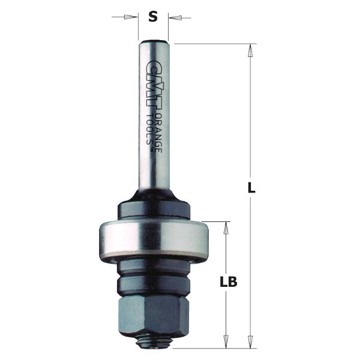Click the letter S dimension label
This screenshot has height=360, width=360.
(153, 17)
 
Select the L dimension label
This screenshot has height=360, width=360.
(252, 187)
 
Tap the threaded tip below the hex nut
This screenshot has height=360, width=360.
(154, 341)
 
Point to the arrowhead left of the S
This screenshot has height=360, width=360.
(133, 17)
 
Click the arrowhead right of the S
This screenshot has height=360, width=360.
(174, 17)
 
